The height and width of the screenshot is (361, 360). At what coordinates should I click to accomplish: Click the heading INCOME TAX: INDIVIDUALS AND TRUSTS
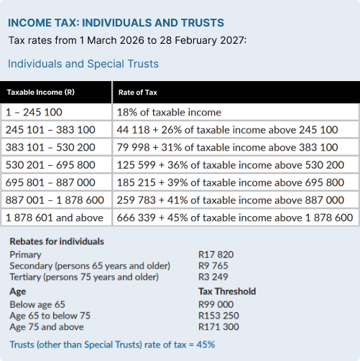coord(116,24)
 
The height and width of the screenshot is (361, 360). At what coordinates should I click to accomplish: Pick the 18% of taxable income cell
coord(169,113)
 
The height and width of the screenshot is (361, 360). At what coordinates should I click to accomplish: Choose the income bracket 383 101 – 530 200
coord(50,147)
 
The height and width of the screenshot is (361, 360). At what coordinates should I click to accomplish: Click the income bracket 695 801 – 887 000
coord(50,182)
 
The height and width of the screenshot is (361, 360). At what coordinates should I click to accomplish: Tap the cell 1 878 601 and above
coord(54,217)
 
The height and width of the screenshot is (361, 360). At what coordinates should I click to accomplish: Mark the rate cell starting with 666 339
coord(234,217)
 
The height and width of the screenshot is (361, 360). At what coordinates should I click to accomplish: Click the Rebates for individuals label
coord(57,241)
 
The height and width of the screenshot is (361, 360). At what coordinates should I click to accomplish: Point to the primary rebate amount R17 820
coord(216,254)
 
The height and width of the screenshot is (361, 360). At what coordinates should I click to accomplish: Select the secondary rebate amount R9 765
coord(213,265)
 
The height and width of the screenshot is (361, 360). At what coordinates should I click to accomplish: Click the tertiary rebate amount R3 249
coord(213,276)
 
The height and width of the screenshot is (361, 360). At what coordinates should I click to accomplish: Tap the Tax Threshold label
coord(227,292)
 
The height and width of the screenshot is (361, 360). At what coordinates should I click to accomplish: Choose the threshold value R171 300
coord(218,327)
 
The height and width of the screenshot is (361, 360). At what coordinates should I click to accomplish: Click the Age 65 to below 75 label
coord(50,316)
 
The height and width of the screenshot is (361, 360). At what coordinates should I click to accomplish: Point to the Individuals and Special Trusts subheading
coord(83,64)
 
